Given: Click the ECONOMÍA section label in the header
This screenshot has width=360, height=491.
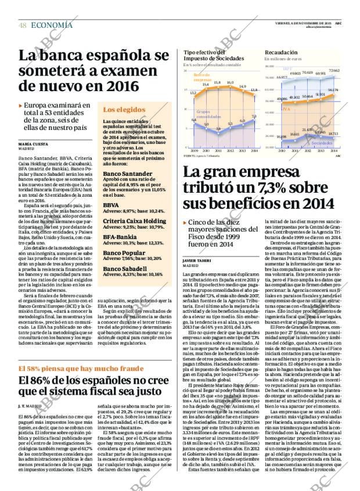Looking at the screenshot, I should (x=52, y=25).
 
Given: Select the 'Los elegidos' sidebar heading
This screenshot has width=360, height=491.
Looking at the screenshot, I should (x=124, y=110).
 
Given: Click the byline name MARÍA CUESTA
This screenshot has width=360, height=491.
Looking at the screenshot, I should (x=33, y=143).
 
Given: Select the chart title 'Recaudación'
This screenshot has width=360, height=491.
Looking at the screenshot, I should (x=281, y=52).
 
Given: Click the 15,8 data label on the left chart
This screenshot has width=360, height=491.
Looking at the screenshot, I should (x=218, y=82).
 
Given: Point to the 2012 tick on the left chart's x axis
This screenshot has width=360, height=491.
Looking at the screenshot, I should (x=231, y=150).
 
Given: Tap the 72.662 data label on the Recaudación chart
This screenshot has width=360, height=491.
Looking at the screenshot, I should (x=334, y=70).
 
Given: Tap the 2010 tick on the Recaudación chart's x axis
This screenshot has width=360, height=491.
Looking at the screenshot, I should (x=282, y=150).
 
